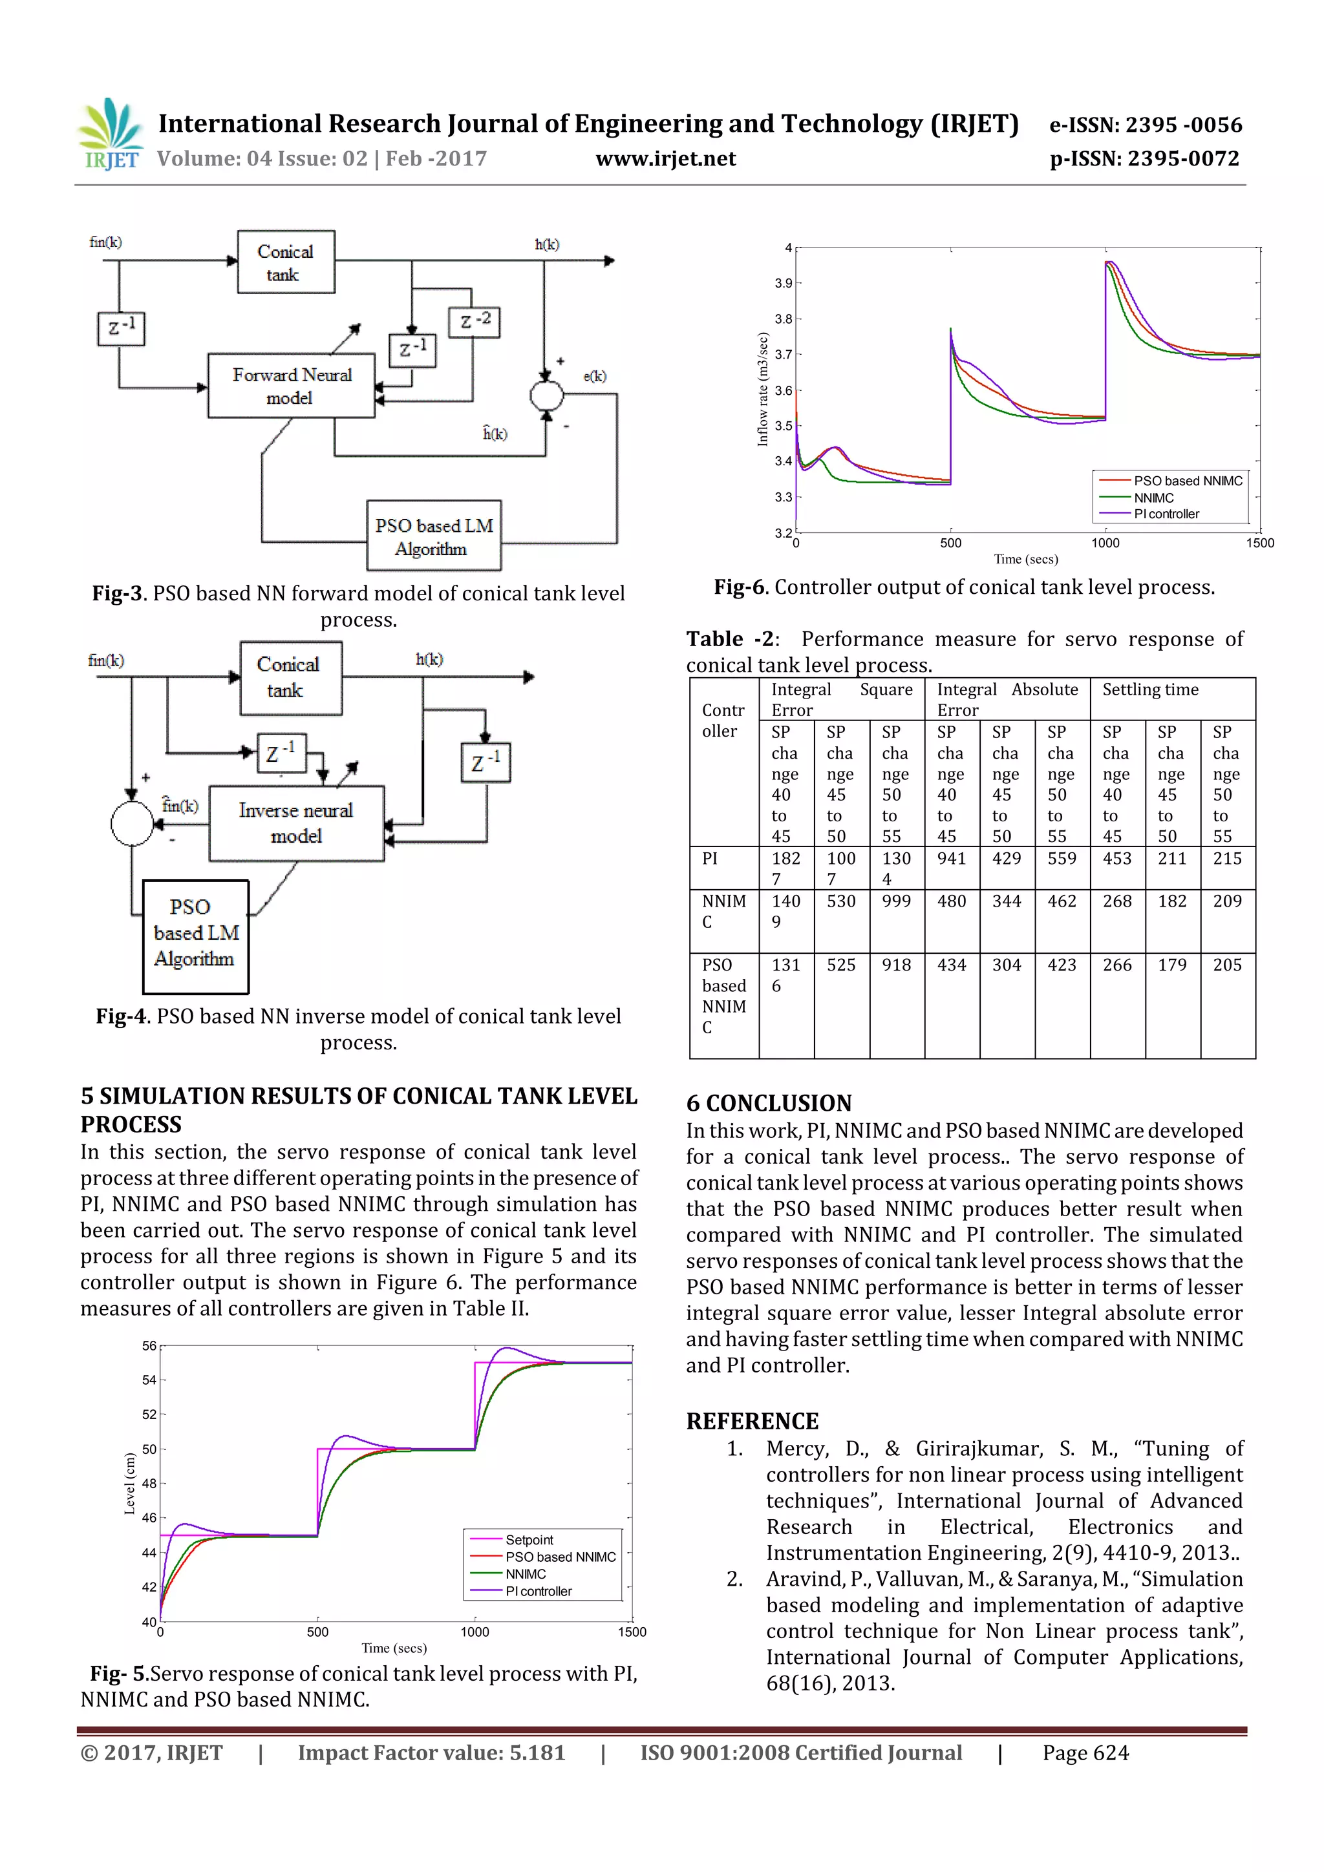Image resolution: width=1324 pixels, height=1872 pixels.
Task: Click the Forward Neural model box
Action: click(x=291, y=386)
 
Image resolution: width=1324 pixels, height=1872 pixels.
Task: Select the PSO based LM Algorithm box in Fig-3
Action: click(x=433, y=536)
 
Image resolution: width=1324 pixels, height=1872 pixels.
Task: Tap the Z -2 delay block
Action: click(x=474, y=321)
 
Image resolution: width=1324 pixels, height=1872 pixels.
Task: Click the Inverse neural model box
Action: click(x=296, y=823)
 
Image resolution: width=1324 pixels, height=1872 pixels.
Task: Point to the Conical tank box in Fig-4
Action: click(x=290, y=678)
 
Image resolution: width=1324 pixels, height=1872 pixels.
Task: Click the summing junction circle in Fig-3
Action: click(x=546, y=396)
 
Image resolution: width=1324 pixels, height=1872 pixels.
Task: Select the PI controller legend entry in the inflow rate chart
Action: click(x=1166, y=514)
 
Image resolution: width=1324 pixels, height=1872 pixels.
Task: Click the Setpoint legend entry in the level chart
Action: click(x=529, y=1539)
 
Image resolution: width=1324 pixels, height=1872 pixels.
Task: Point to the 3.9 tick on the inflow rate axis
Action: click(x=783, y=283)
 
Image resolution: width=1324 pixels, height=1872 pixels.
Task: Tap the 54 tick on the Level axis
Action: click(x=149, y=1380)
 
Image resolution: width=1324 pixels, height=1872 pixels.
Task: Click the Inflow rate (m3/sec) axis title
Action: click(x=763, y=389)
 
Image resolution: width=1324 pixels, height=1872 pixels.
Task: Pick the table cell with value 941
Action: click(x=951, y=859)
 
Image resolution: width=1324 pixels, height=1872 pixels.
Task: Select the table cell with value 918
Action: click(x=896, y=965)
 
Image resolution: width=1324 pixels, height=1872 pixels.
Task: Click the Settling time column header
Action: click(x=1150, y=689)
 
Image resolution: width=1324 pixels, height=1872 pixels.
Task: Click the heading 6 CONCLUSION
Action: click(x=769, y=1103)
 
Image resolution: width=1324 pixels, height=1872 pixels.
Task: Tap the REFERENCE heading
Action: click(x=752, y=1421)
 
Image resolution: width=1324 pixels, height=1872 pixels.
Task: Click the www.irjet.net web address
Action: click(x=666, y=159)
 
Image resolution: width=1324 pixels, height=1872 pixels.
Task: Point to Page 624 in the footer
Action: click(x=1085, y=1753)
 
